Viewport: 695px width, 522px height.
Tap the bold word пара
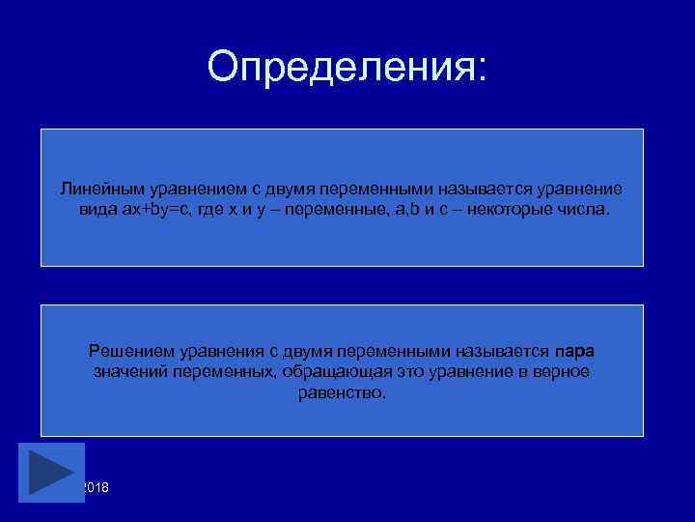click(x=575, y=350)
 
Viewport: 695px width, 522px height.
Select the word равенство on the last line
click(x=342, y=393)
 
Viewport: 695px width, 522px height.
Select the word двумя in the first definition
click(x=267, y=188)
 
